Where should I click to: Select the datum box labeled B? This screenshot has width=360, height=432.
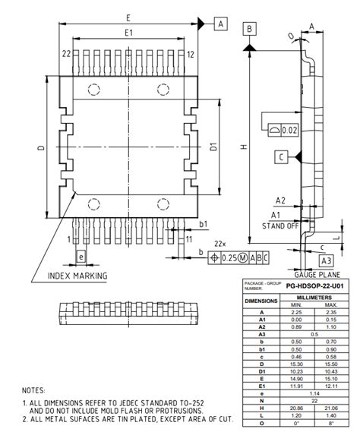(x=248, y=29)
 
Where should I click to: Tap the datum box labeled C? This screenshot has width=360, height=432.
(x=281, y=156)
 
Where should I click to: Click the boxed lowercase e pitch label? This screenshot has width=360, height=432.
(x=81, y=257)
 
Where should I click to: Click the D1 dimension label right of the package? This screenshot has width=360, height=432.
(x=213, y=147)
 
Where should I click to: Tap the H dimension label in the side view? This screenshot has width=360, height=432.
(x=242, y=149)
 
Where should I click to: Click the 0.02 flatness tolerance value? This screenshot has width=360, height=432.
(x=288, y=131)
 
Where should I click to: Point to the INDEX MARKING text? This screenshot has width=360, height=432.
(x=77, y=275)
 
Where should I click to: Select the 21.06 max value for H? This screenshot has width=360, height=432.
(x=330, y=408)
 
